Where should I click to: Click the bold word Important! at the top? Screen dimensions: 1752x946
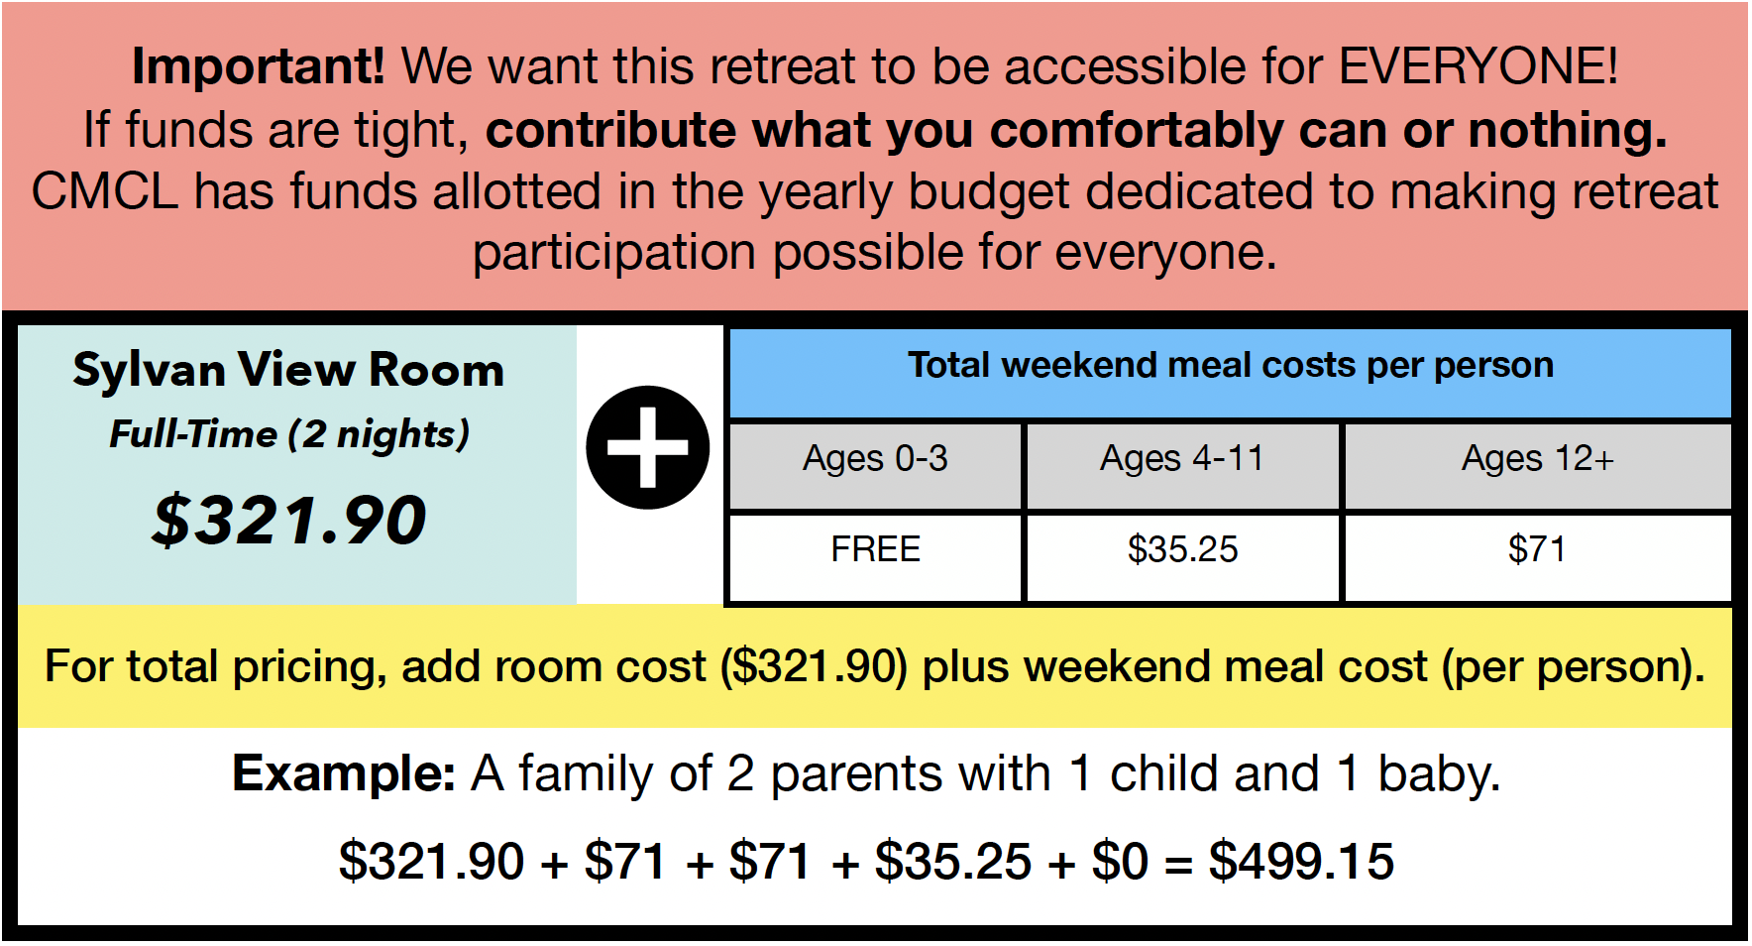[258, 66]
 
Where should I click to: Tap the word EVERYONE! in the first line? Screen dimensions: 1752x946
[1478, 66]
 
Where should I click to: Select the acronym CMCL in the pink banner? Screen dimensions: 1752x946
[105, 191]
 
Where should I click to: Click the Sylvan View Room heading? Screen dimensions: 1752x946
[288, 370]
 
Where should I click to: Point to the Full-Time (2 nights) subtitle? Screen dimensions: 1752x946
[289, 434]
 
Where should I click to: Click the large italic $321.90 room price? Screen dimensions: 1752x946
[289, 520]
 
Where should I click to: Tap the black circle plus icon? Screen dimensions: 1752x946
[648, 447]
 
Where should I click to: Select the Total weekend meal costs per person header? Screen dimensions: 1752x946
[1231, 366]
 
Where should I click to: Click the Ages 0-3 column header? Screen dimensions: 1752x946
[875, 459]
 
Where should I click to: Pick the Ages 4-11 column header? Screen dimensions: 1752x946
[1182, 459]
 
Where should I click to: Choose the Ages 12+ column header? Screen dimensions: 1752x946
[1538, 459]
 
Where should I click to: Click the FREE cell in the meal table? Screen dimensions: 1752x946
[876, 549]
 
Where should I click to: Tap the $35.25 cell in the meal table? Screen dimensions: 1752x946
[1183, 549]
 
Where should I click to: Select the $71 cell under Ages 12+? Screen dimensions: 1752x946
[1537, 549]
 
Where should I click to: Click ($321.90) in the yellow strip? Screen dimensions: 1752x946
[815, 667]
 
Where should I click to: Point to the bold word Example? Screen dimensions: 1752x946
[344, 773]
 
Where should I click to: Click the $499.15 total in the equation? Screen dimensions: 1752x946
[1301, 861]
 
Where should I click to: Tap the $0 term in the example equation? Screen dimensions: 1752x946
[1120, 861]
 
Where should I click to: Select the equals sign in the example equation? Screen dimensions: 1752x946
[1178, 863]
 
